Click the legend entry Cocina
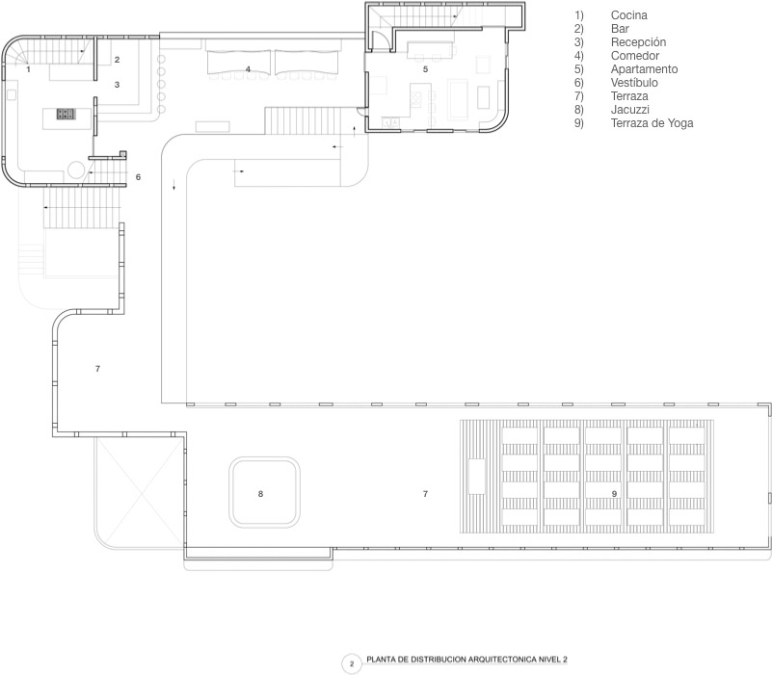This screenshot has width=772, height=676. (629, 15)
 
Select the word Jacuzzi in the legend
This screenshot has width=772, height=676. (630, 110)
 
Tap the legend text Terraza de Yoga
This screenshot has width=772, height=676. (652, 123)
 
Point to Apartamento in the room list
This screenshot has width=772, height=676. (644, 69)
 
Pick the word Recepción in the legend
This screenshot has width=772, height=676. (638, 42)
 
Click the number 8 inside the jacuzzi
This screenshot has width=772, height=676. (260, 494)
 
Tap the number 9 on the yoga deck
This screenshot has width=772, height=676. (614, 494)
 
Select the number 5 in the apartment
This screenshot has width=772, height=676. (425, 69)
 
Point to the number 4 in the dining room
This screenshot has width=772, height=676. (248, 69)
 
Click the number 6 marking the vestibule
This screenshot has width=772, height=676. (138, 177)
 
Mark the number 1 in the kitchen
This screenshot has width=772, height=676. (28, 69)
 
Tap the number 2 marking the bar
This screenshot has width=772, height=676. (117, 60)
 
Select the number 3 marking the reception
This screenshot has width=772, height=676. (117, 85)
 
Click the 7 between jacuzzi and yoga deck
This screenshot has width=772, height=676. (425, 494)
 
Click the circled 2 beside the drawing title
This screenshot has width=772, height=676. (352, 663)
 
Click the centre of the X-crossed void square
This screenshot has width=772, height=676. (137, 490)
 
